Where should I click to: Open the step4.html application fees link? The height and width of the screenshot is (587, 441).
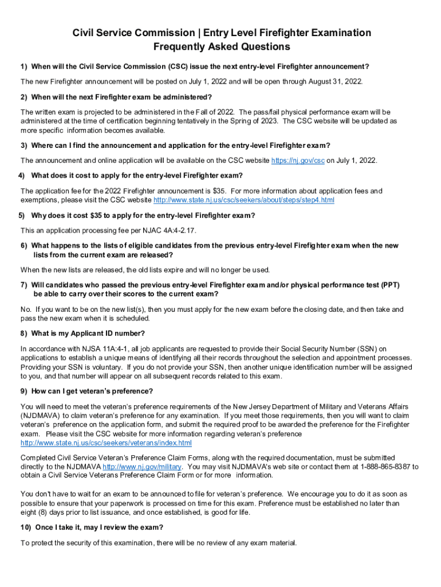click(x=244, y=200)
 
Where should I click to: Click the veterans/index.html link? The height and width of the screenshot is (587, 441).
click(x=106, y=443)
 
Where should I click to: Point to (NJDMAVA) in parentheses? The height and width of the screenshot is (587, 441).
click(x=40, y=416)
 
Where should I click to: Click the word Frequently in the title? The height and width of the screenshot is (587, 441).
click(x=182, y=47)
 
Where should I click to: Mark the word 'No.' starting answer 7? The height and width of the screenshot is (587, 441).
click(x=26, y=310)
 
